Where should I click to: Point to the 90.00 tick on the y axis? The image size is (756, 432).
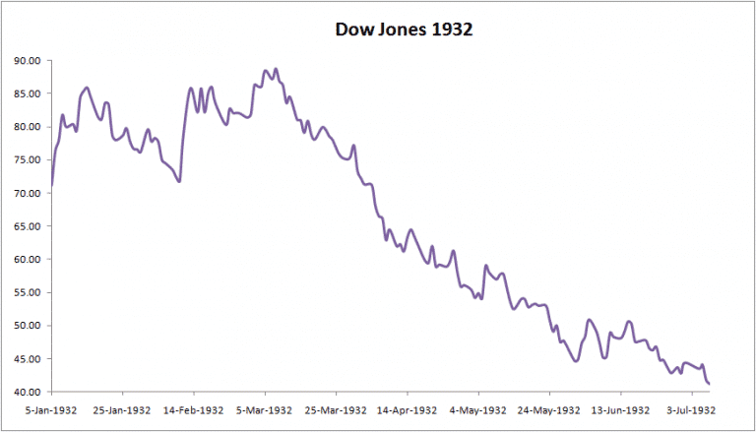tap(27, 61)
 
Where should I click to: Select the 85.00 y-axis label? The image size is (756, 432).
tap(27, 94)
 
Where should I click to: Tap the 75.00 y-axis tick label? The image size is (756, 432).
tap(27, 160)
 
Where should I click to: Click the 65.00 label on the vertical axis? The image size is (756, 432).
tap(27, 226)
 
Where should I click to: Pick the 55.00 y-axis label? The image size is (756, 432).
tap(27, 293)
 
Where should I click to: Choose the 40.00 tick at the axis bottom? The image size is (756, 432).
tap(27, 393)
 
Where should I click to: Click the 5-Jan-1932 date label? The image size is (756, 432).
tap(51, 409)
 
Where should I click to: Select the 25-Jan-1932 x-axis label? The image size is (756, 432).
tap(123, 409)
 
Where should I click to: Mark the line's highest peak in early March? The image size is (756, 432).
tap(276, 69)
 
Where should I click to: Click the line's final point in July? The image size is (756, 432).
tap(710, 383)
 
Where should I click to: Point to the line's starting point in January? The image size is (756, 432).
tap(51, 186)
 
